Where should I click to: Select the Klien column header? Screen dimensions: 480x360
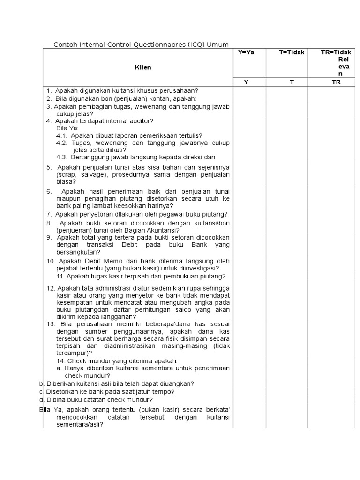tap(143, 67)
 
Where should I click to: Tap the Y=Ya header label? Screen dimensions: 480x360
tap(246, 52)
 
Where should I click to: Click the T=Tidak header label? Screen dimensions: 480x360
tap(292, 52)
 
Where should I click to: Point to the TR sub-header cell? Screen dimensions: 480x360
tap(336, 82)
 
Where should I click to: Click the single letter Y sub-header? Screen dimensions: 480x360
tap(246, 82)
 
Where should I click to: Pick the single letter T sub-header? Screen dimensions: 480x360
tap(292, 82)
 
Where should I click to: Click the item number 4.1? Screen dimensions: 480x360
tap(62, 135)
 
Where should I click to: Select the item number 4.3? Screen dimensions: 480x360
tap(62, 157)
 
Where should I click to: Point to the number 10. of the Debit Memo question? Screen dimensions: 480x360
tap(51, 261)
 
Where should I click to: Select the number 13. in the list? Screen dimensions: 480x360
tap(51, 324)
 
